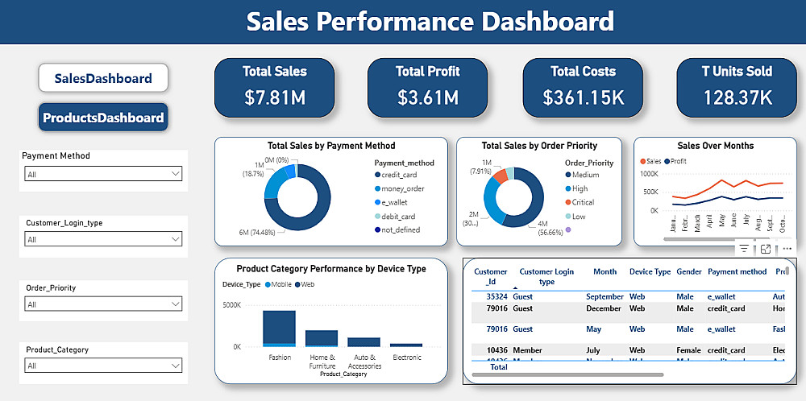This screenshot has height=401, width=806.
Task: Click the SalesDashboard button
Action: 103,78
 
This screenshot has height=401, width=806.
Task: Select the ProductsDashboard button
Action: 103,118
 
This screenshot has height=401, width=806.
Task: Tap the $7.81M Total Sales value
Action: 275,98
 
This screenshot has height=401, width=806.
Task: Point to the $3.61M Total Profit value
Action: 428,98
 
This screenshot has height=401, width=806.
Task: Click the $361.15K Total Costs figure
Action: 583,98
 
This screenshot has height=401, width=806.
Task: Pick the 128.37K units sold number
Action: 737,98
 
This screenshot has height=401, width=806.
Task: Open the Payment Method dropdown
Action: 103,174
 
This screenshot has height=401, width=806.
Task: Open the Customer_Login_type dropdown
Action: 103,239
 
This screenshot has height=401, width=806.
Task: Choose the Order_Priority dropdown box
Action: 103,304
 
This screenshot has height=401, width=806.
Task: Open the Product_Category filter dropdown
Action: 103,366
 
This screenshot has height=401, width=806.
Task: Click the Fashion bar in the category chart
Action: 279,329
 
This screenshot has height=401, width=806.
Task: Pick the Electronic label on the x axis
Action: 406,358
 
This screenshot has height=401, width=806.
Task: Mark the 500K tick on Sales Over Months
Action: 649,192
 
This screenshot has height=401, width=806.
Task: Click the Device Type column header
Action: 650,272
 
